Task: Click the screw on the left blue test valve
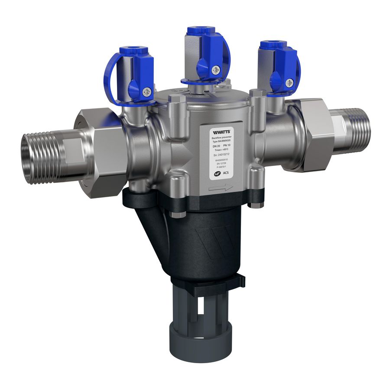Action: click(x=148, y=91)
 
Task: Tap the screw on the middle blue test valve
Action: click(x=216, y=69)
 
